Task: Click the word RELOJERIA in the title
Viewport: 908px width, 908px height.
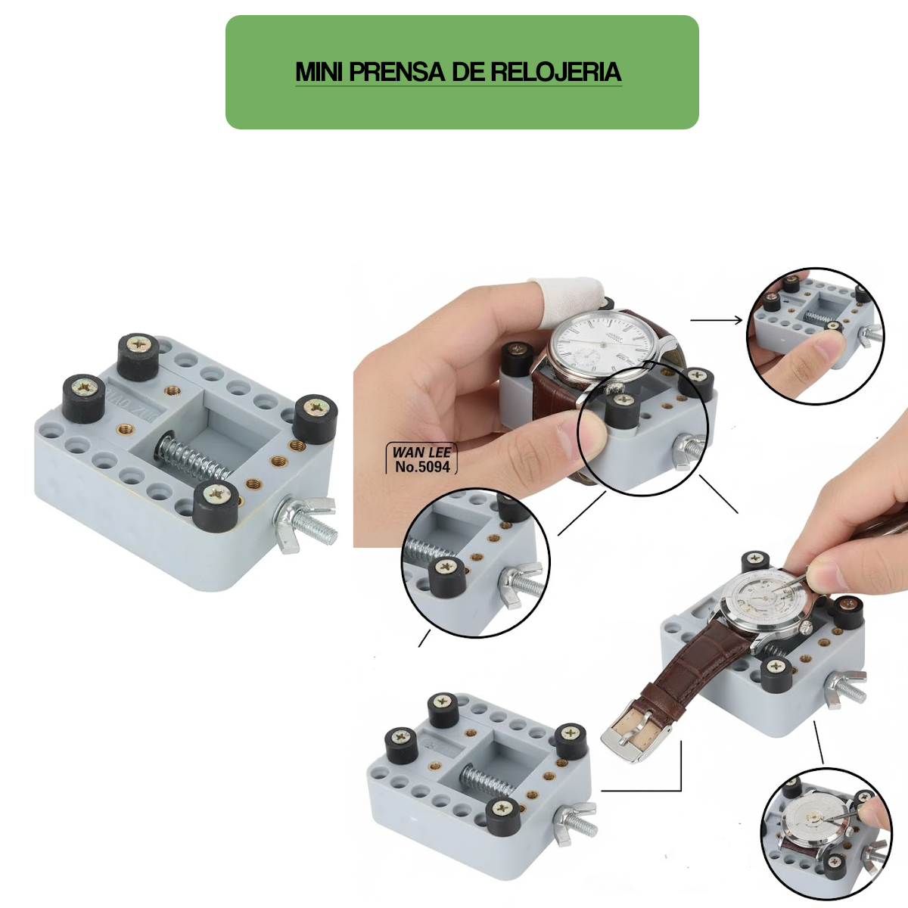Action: (x=556, y=72)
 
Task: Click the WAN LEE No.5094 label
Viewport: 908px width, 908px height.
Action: (x=421, y=459)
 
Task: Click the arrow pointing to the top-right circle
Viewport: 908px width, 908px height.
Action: (x=717, y=320)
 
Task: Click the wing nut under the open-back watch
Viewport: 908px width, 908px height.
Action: (x=844, y=689)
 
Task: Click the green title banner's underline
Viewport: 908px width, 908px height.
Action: (x=458, y=86)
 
